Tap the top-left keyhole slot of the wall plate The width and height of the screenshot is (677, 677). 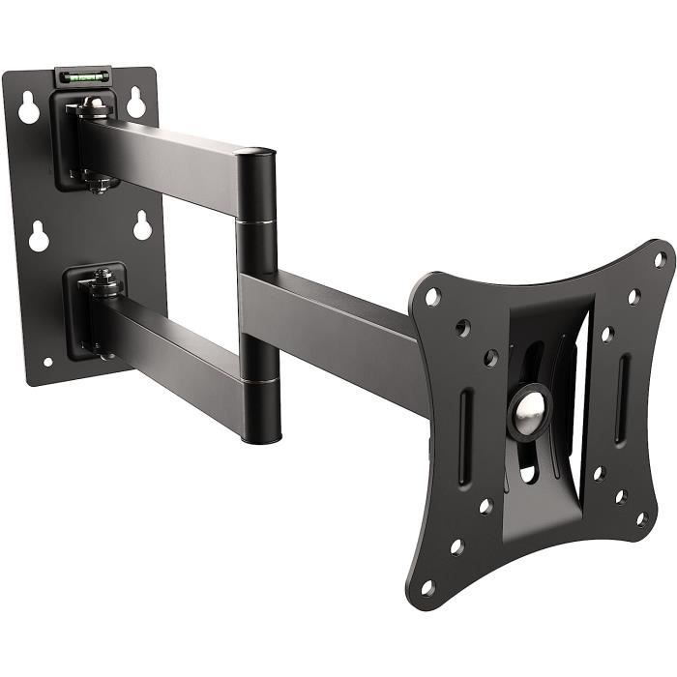pyautogui.click(x=29, y=109)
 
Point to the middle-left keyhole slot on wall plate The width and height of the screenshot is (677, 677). pyautogui.click(x=39, y=236)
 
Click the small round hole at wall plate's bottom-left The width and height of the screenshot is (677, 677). pyautogui.click(x=47, y=363)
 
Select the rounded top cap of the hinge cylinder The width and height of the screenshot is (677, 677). pyautogui.click(x=255, y=154)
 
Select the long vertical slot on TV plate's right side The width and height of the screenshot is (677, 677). pyautogui.click(x=624, y=384)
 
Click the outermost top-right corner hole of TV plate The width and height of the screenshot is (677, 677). pyautogui.click(x=659, y=259)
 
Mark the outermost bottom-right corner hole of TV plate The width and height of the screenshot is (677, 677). pyautogui.click(x=641, y=519)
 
